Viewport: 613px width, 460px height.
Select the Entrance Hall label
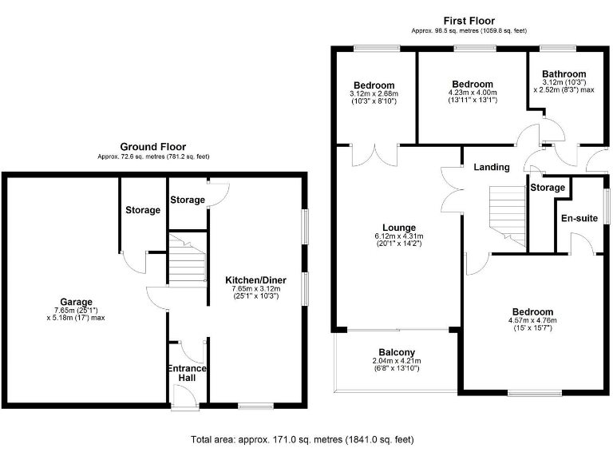pyautogui.click(x=187, y=374)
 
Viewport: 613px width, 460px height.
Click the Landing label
pyautogui.click(x=491, y=167)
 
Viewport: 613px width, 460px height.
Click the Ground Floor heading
pyautogui.click(x=152, y=147)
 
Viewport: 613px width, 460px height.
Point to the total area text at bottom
pyautogui.click(x=302, y=439)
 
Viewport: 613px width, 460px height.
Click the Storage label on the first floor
pyautogui.click(x=548, y=188)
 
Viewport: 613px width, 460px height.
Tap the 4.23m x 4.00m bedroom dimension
pyautogui.click(x=472, y=94)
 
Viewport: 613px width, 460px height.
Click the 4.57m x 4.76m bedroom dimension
pyautogui.click(x=532, y=321)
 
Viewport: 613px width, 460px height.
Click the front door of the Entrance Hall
pyautogui.click(x=184, y=397)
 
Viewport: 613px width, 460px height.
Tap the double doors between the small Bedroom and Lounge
pyautogui.click(x=375, y=153)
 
